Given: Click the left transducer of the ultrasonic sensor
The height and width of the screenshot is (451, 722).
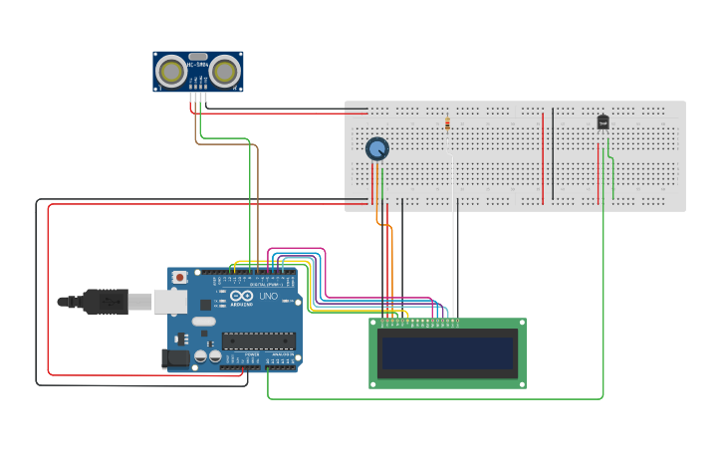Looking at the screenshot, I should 172,72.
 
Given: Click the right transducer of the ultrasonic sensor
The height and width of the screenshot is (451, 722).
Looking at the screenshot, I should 225,72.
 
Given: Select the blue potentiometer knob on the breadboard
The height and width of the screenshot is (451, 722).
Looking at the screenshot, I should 376,149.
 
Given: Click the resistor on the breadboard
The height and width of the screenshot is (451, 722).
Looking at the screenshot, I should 447,124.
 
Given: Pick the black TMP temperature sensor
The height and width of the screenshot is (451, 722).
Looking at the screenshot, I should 602,122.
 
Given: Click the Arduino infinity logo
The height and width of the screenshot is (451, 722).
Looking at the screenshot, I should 242,297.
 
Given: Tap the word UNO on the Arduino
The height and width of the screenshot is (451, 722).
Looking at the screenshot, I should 268,297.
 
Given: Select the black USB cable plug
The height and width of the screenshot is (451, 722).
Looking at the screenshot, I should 106,301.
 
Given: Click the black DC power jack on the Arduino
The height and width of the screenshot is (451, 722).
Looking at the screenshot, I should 175,356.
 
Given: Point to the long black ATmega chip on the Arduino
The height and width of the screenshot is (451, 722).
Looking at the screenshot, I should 258,340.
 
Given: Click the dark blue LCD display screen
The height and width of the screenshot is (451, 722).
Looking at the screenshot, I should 447,353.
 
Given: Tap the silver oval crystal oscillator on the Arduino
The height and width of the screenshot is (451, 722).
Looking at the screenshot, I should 203,322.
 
